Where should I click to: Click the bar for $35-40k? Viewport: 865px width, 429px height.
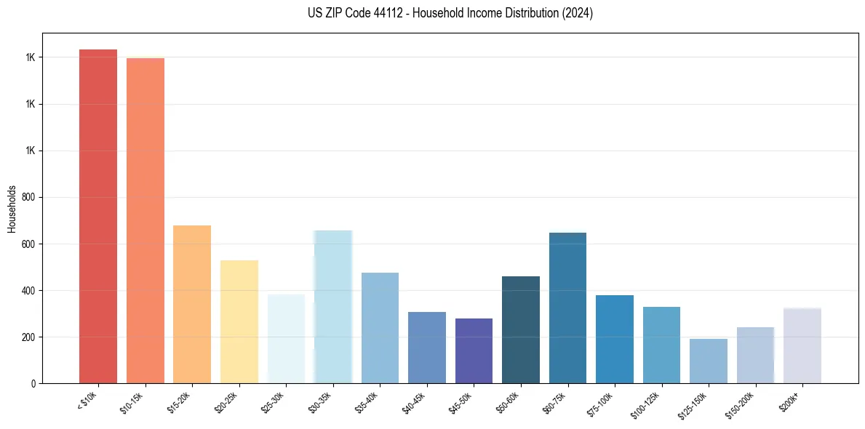coord(380,328)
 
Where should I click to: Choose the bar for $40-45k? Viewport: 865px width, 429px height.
coord(427,348)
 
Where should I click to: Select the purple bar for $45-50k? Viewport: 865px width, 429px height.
coord(474,350)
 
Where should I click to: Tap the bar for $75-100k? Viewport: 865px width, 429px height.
coord(615,339)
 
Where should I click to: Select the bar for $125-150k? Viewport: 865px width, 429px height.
coord(709,361)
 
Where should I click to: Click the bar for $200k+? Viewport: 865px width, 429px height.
coord(802,345)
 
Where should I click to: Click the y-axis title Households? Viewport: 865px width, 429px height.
coord(12,208)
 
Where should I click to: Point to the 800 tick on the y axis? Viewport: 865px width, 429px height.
coord(31,197)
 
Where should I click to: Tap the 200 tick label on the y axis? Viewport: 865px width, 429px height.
coord(31,337)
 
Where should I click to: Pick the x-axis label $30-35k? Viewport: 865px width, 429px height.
coord(320,402)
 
